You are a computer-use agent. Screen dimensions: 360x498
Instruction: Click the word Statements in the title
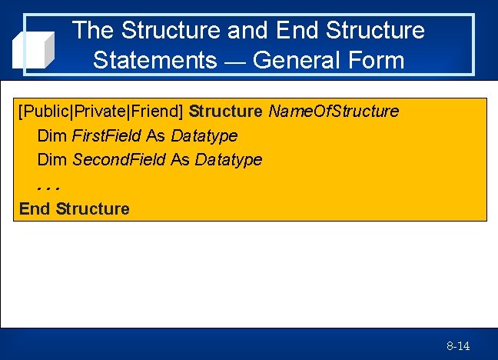pyautogui.click(x=154, y=60)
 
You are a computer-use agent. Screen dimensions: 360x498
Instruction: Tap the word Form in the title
pyautogui.click(x=376, y=60)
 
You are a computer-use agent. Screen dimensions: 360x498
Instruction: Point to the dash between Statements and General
pyautogui.click(x=234, y=62)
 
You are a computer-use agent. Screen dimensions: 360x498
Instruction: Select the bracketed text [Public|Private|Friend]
pyautogui.click(x=101, y=112)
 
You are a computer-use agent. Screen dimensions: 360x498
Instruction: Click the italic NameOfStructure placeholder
pyautogui.click(x=334, y=112)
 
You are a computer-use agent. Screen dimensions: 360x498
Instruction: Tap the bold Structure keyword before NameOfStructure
pyautogui.click(x=225, y=112)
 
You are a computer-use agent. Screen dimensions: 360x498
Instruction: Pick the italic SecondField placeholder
pyautogui.click(x=119, y=160)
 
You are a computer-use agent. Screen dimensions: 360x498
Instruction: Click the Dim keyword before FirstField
pyautogui.click(x=52, y=136)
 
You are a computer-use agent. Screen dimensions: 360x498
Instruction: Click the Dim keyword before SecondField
pyautogui.click(x=52, y=160)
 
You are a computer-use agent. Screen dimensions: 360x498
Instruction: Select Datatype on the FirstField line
pyautogui.click(x=204, y=136)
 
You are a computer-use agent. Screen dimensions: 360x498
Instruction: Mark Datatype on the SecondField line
pyautogui.click(x=228, y=160)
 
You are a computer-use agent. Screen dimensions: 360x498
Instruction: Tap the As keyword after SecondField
pyautogui.click(x=180, y=160)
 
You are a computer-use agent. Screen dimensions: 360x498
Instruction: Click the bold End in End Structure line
pyautogui.click(x=35, y=208)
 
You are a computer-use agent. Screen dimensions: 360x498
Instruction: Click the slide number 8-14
pyautogui.click(x=458, y=346)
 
